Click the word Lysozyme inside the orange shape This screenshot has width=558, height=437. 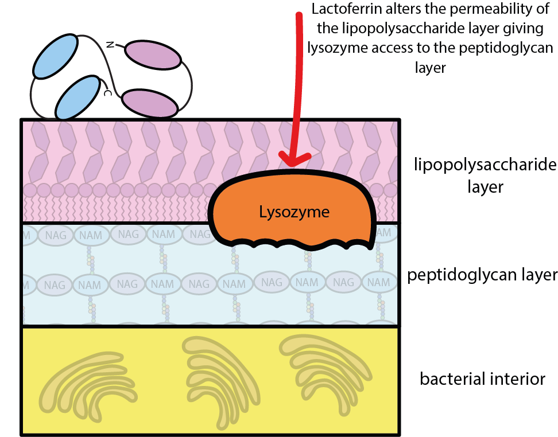pos(294,212)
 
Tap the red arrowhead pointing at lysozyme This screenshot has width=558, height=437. pos(292,159)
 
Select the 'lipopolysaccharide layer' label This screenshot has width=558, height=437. pos(485,175)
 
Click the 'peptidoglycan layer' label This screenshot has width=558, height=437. pos(482,275)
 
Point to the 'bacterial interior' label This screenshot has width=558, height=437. pos(482,379)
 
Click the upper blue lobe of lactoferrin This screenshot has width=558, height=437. pos(56,56)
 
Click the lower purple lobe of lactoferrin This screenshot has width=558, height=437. pos(150,104)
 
